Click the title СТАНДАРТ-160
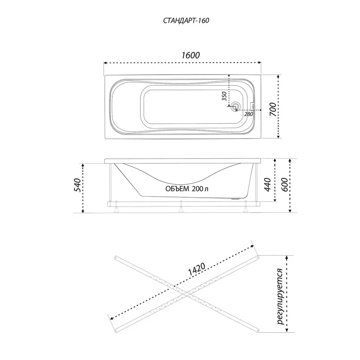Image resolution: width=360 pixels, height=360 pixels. pyautogui.click(x=186, y=21)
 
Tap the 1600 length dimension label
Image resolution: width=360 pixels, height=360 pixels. pyautogui.click(x=190, y=55)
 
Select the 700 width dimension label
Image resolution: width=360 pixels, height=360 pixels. pyautogui.click(x=273, y=109)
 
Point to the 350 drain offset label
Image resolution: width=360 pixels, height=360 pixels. pyautogui.click(x=224, y=96)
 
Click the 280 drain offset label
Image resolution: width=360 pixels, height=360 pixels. pyautogui.click(x=248, y=114)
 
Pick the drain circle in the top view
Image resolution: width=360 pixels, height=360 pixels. pyautogui.click(x=235, y=107)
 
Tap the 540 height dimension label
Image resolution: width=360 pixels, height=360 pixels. pyautogui.click(x=77, y=185)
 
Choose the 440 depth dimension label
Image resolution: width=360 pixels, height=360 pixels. pyautogui.click(x=268, y=184)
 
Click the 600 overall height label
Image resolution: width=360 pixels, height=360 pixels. pyautogui.click(x=284, y=184)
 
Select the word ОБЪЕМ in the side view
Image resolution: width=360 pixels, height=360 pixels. pyautogui.click(x=177, y=189)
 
